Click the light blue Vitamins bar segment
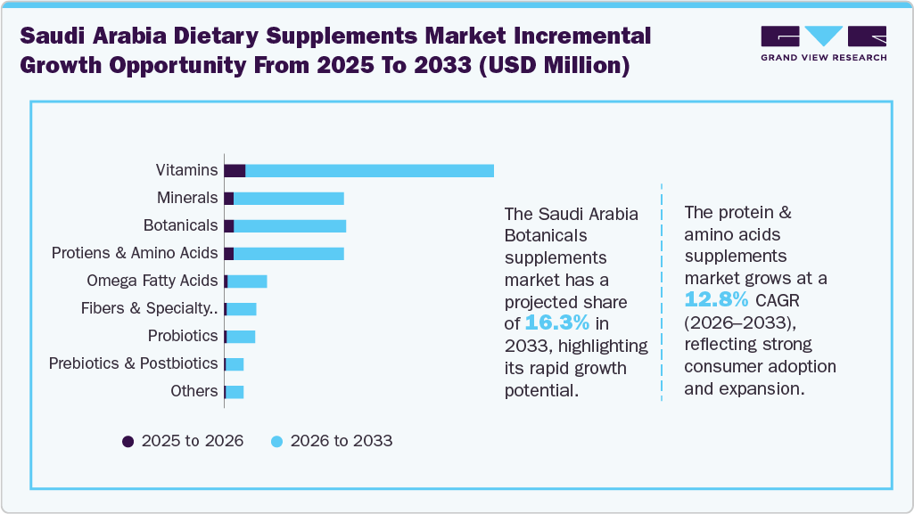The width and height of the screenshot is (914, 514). point(369,171)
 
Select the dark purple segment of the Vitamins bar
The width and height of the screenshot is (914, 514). point(235,171)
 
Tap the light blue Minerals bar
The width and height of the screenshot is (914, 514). point(288,198)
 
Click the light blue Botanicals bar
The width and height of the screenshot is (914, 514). point(289,225)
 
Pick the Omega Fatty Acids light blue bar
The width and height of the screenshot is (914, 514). point(247,281)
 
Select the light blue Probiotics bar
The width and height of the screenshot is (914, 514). point(241,336)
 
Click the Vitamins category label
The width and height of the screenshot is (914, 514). point(186,170)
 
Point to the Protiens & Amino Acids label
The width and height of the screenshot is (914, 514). point(135,253)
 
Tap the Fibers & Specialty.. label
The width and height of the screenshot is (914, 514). point(149,308)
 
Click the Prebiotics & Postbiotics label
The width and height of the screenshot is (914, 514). point(134,363)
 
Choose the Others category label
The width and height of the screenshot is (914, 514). point(194,391)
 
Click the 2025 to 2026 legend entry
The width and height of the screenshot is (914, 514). point(183,441)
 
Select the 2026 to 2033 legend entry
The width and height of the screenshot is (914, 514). point(332,441)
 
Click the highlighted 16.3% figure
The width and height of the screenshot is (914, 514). point(556,322)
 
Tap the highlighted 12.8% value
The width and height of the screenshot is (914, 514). point(716,299)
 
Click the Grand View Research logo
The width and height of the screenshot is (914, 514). point(823,43)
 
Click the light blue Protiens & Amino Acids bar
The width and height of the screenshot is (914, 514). point(288,254)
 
